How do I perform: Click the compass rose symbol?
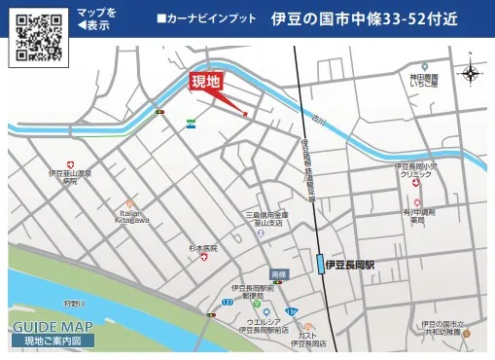click(472, 73)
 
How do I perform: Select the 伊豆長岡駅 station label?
click(356, 264)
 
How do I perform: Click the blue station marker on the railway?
click(320, 264)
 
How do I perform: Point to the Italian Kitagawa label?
click(132, 216)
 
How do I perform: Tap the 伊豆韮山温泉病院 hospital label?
click(69, 177)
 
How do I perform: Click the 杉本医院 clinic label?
click(203, 249)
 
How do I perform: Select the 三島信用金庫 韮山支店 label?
click(266, 219)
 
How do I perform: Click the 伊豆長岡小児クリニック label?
click(422, 171)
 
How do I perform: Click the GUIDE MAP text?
click(53, 327)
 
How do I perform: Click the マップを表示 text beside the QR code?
click(97, 18)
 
